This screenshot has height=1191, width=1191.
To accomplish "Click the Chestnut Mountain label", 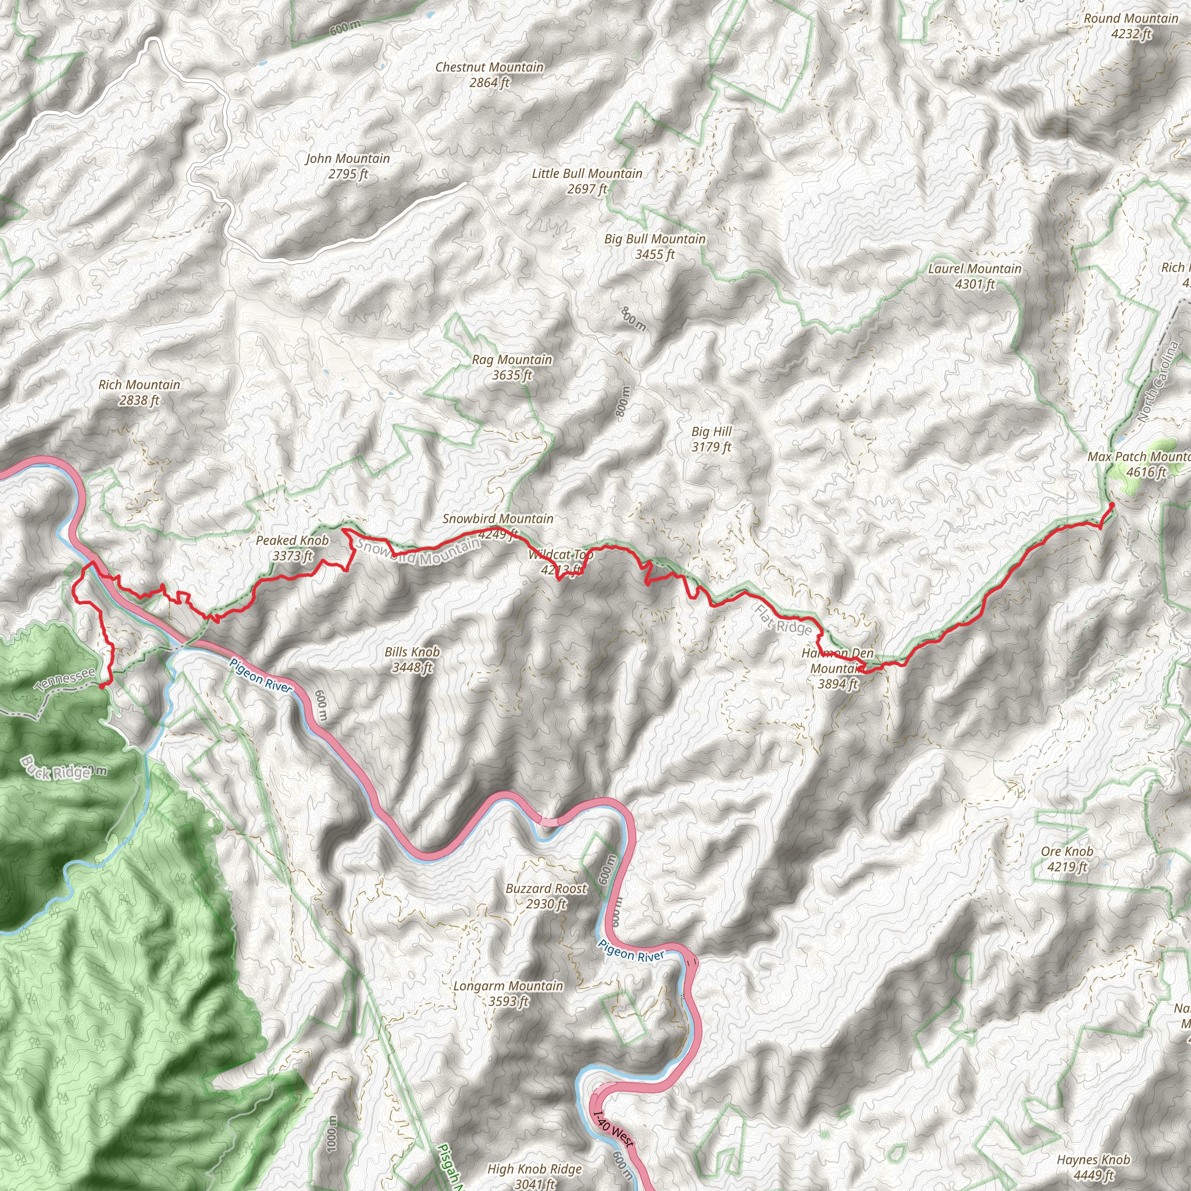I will point(490,74).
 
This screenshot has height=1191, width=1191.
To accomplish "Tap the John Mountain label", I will point(348,166).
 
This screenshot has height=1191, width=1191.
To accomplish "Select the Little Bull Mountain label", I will point(587,181).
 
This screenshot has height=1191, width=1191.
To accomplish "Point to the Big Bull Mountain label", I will point(655,246).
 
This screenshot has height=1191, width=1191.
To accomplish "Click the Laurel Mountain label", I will point(975,276).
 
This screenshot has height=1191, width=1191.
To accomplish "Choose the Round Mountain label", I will point(1131,26).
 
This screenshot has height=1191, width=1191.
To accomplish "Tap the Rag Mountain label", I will point(512,367).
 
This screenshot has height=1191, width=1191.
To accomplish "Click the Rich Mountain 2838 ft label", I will point(140,392).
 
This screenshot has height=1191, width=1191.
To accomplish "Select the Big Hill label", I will point(711,439).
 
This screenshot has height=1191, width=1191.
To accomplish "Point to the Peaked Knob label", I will point(292,548).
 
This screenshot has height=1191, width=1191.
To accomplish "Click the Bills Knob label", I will point(412,659).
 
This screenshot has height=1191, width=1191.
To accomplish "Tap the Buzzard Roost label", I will point(546,896).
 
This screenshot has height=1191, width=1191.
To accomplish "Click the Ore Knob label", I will point(1067,859).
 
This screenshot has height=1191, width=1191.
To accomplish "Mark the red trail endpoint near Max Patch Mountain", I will point(1111,505).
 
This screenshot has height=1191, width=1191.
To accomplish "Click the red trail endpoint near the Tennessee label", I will point(102,685).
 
